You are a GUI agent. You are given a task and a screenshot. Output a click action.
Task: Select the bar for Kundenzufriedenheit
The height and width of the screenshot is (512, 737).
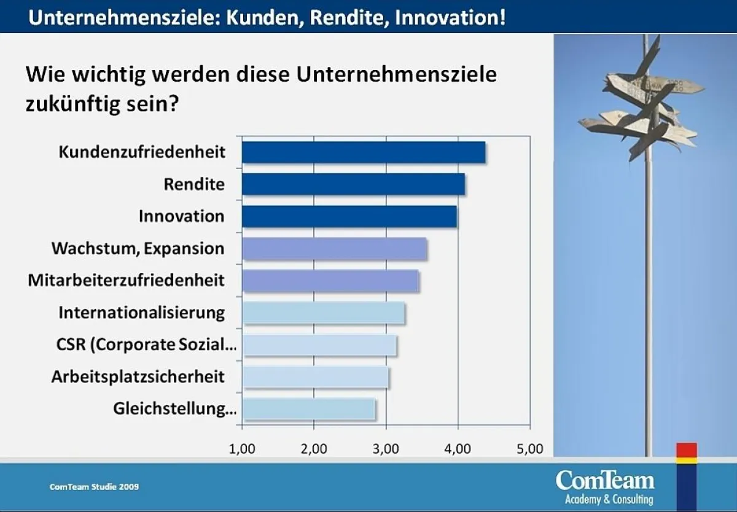[x=363, y=152]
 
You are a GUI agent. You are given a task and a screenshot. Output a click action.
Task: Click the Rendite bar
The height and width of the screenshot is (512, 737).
[x=353, y=184]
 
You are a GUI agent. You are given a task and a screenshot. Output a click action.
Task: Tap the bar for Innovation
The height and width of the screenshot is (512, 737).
[x=349, y=216]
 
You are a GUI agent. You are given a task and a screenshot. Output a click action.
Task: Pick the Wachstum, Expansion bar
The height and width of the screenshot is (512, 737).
[x=334, y=249]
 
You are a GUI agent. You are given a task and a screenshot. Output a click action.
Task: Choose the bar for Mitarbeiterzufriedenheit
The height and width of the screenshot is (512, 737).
[x=330, y=281]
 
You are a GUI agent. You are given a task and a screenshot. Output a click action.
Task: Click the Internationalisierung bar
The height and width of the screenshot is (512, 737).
[x=323, y=313]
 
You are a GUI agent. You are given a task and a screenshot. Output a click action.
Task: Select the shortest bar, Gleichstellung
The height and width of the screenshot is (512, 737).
[x=308, y=409]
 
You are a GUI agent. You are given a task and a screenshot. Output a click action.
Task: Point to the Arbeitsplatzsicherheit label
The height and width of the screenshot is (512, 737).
[x=138, y=376]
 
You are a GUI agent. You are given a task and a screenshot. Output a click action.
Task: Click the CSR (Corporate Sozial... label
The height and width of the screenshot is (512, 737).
[x=146, y=345]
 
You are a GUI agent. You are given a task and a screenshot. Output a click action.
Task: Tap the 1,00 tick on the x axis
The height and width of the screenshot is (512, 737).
[x=242, y=449]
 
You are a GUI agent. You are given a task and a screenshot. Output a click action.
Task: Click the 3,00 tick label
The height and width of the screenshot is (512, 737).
[x=386, y=449]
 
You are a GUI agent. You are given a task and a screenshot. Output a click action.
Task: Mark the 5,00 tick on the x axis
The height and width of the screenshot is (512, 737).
[x=530, y=449]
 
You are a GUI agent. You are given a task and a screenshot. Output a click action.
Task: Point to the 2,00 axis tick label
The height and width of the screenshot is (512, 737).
[x=314, y=449]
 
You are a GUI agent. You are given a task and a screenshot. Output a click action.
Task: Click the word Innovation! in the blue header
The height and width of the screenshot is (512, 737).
[x=450, y=16]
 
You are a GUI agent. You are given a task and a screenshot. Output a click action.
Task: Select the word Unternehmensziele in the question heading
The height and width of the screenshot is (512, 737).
[x=396, y=75]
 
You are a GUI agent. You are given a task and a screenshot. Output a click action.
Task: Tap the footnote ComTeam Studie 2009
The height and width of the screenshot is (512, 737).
[x=94, y=487]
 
